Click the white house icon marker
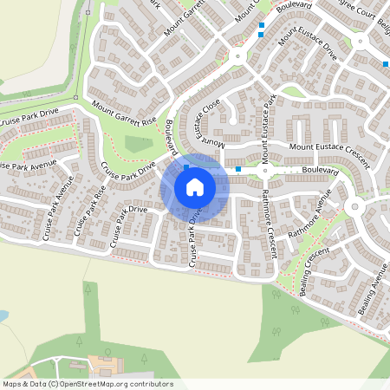[195, 187]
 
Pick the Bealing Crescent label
[313, 270]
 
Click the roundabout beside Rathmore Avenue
[354, 207]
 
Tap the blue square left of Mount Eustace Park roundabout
[239, 169]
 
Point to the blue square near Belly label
[385, 64]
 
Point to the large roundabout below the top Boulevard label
[237, 57]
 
